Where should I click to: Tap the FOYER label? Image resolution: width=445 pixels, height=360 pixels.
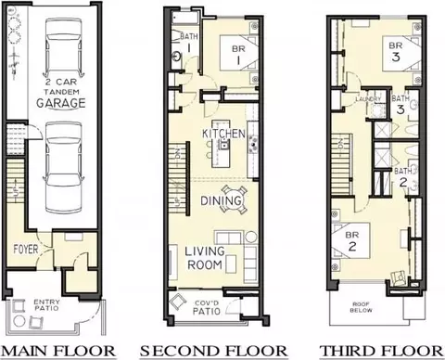coord(26,249)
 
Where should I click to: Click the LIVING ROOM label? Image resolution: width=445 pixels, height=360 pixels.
coord(203,258)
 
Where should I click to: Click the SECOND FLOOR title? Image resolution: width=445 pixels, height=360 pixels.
coord(213,350)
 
